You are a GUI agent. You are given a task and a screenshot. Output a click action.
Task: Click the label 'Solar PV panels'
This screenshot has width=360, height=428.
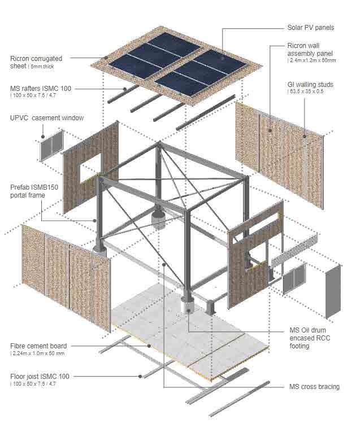tap(311, 27)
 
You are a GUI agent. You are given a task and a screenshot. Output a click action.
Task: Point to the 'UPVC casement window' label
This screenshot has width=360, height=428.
tap(47, 118)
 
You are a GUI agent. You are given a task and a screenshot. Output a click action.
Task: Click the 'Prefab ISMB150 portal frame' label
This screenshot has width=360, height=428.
tap(36, 191)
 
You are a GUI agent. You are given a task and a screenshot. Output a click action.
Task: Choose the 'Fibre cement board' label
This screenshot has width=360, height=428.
tap(38, 346)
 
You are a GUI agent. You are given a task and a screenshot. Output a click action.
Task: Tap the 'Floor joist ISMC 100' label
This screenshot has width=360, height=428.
tap(40, 376)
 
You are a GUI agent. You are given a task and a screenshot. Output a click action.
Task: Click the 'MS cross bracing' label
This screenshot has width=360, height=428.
tap(314, 387)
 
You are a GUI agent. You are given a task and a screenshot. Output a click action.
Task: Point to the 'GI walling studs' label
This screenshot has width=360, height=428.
tap(310, 85)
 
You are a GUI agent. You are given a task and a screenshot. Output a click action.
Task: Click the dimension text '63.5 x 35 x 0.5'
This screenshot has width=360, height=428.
tap(306, 91)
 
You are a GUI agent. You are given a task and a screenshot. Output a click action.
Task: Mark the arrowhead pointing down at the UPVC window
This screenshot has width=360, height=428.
tap(43, 136)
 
